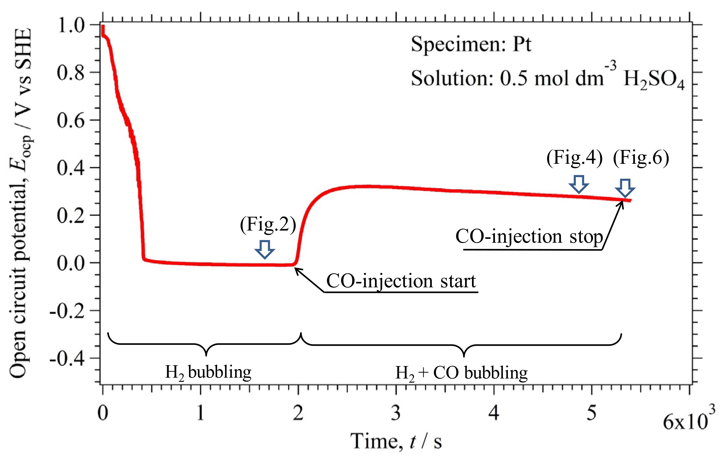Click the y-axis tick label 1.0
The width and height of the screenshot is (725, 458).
[71, 25]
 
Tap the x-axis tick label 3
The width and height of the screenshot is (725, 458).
[396, 413]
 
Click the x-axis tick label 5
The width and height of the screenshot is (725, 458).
[591, 413]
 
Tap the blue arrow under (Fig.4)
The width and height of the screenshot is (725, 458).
[578, 184]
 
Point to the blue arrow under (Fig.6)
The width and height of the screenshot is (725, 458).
[625, 188]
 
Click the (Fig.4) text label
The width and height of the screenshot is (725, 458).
[575, 157]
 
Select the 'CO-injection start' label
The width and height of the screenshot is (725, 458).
[401, 281]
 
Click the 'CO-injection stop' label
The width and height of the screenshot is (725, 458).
[529, 237]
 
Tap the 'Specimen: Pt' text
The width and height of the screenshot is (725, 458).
[471, 44]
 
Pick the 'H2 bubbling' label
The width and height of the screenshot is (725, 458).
[208, 373]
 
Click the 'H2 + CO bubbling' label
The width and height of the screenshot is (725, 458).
[461, 373]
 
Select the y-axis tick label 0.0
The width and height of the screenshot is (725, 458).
[71, 263]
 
